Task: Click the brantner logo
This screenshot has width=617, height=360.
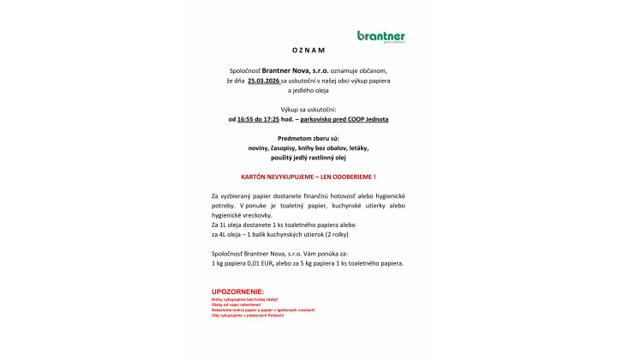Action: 380,36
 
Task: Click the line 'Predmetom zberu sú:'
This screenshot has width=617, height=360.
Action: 308,139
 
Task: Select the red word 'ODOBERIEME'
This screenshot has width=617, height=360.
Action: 355,176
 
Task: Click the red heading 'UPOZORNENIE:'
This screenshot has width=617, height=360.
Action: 238,291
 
